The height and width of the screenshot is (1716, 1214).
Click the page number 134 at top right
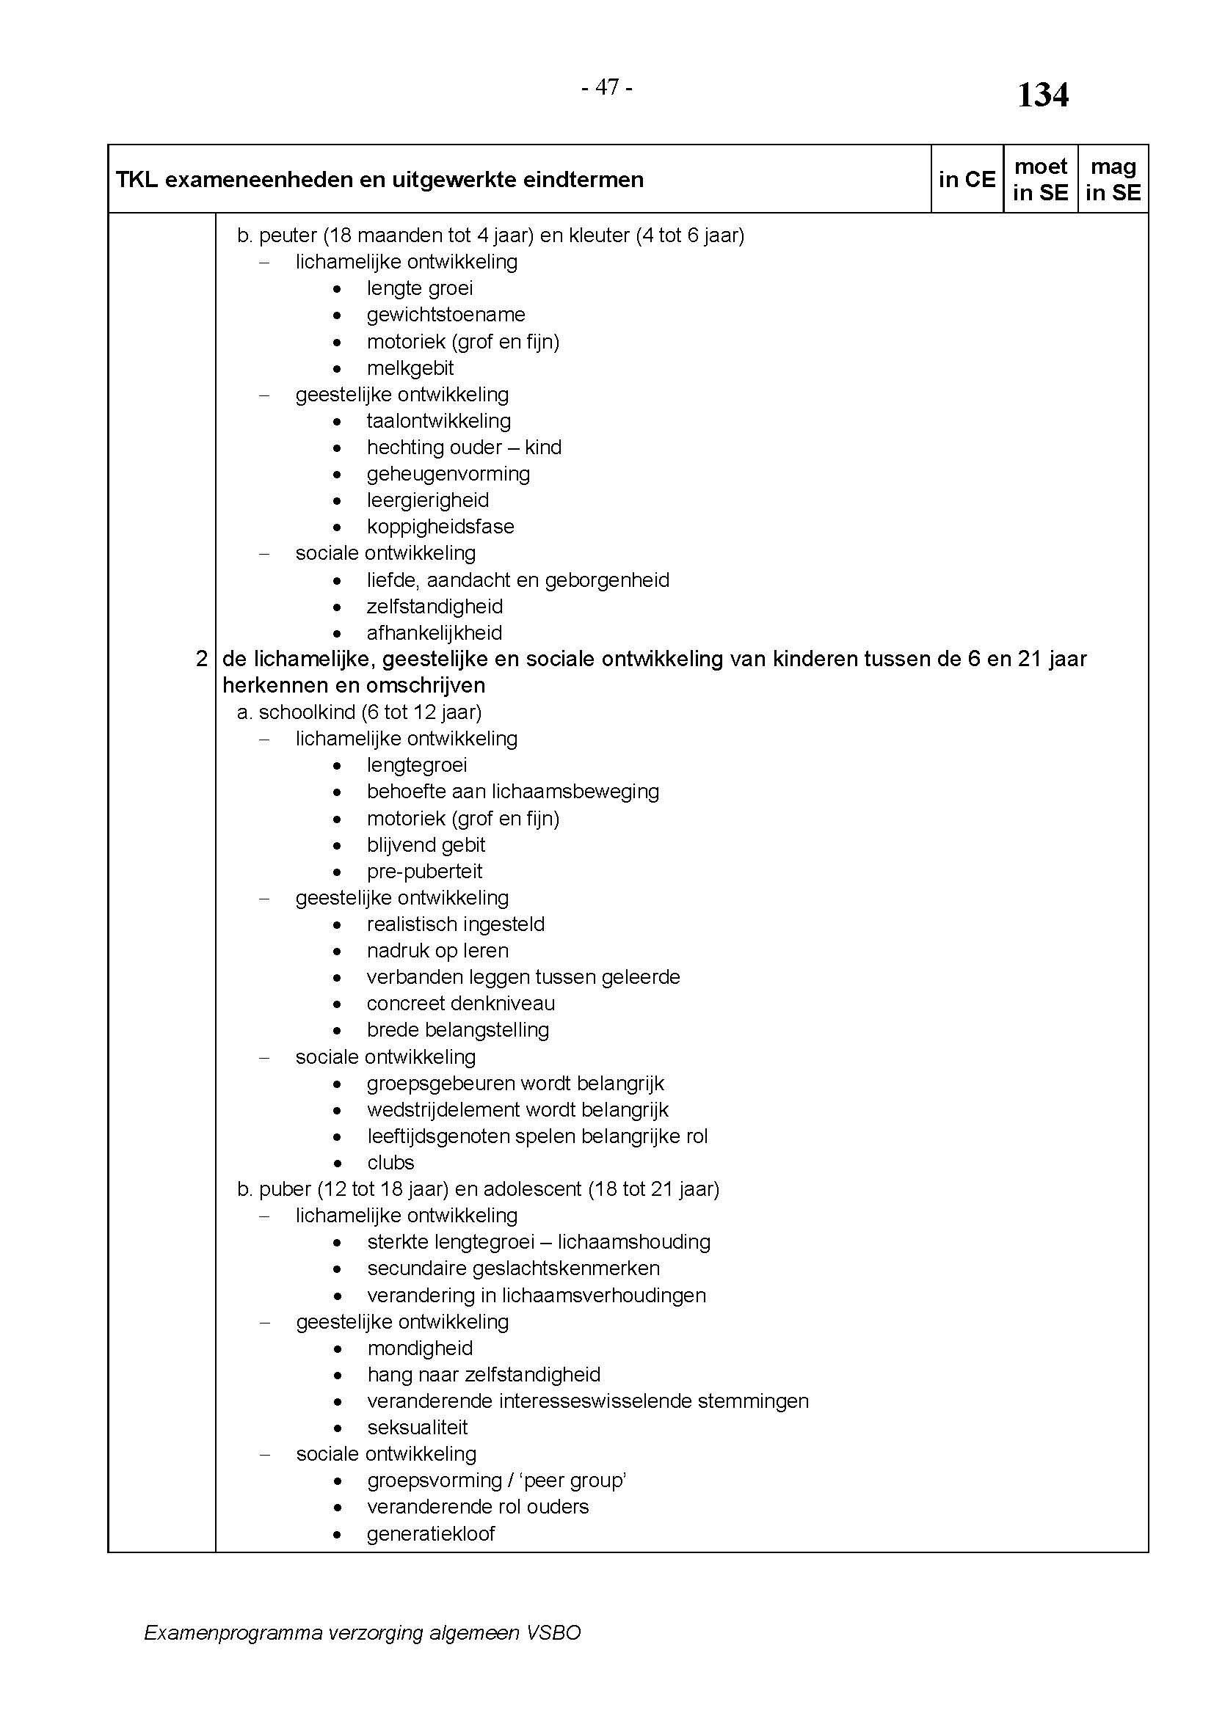click(x=1042, y=95)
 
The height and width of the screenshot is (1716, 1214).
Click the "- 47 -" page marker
click(x=607, y=88)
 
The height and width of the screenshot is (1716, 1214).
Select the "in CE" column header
click(x=967, y=179)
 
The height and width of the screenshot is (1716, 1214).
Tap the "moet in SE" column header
click(x=1040, y=179)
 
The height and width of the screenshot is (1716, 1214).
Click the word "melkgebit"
click(x=410, y=368)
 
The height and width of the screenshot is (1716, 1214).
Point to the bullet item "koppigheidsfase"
click(x=440, y=526)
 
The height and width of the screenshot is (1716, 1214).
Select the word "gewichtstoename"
click(x=446, y=315)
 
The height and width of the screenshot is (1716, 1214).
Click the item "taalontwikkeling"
click(x=439, y=421)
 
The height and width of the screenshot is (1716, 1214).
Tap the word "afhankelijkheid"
click(x=435, y=633)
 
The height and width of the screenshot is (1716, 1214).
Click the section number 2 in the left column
click(x=201, y=660)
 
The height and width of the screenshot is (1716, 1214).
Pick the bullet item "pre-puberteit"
click(x=424, y=872)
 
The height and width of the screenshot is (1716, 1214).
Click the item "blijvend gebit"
click(x=426, y=845)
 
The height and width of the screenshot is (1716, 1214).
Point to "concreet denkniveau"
click(x=460, y=1004)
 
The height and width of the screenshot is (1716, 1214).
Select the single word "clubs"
click(x=390, y=1163)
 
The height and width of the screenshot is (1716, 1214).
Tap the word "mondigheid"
click(x=420, y=1348)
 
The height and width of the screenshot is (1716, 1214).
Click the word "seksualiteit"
click(x=417, y=1428)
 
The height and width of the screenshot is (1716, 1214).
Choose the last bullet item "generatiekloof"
click(x=431, y=1533)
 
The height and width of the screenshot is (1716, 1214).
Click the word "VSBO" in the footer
click(x=553, y=1633)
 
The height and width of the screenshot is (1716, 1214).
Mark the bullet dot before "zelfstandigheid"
click(x=338, y=607)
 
